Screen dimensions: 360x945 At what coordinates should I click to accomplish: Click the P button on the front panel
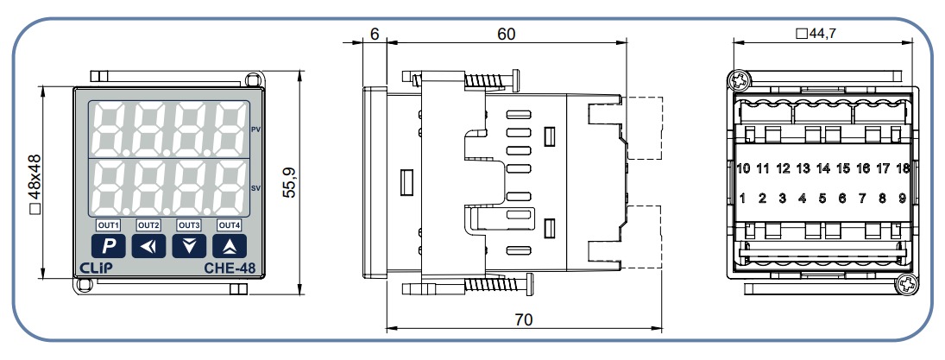point(110,245)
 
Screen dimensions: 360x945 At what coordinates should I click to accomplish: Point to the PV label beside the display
point(255,129)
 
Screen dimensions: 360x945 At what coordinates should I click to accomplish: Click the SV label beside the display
point(255,187)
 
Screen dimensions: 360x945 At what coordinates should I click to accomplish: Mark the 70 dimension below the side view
point(523,320)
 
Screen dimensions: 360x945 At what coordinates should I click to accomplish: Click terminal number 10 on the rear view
point(743,168)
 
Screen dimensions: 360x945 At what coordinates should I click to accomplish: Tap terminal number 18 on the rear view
point(902,168)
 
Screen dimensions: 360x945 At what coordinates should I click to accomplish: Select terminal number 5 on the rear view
point(822,199)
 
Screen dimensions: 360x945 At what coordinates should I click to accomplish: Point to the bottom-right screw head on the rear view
point(904,282)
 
